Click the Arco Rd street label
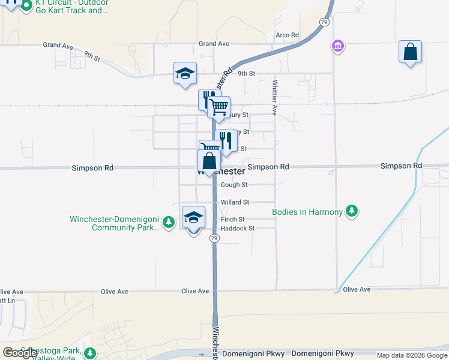287,35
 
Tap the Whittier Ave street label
274,98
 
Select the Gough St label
234,185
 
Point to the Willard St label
234,203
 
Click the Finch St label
232,220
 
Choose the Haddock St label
238,229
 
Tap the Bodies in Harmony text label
307,212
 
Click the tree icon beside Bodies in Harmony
352,211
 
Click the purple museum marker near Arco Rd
338,46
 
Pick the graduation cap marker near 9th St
185,74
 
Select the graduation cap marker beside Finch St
193,218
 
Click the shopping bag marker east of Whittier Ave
411,52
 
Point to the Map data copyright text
412,355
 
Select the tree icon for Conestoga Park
90,353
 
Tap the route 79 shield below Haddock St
214,239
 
